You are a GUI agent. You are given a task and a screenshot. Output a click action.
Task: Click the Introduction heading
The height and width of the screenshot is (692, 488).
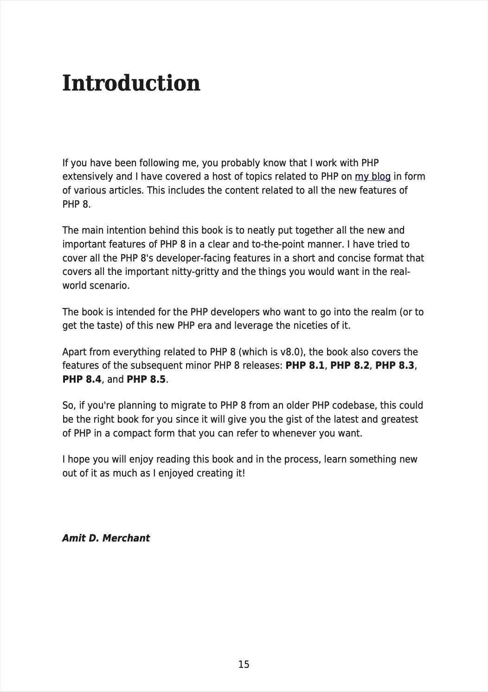coord(131,84)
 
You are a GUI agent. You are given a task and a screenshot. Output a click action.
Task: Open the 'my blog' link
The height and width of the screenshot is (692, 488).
coord(372,177)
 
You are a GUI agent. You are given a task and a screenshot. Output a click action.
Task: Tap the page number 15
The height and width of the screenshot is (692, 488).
coord(244,665)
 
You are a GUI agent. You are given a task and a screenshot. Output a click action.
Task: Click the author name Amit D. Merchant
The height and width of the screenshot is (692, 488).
coord(106,538)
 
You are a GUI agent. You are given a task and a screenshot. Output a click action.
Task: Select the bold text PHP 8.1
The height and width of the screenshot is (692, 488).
coord(305,366)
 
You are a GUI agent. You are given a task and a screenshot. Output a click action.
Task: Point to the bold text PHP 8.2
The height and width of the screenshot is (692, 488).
coord(350,366)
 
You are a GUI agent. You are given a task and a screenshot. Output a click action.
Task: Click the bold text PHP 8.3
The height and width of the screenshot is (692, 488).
coord(394,366)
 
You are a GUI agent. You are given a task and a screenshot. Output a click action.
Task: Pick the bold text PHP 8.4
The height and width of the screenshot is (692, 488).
coord(82,379)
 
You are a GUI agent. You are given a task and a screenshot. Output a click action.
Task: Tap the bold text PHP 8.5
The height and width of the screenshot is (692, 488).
coord(146,379)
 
